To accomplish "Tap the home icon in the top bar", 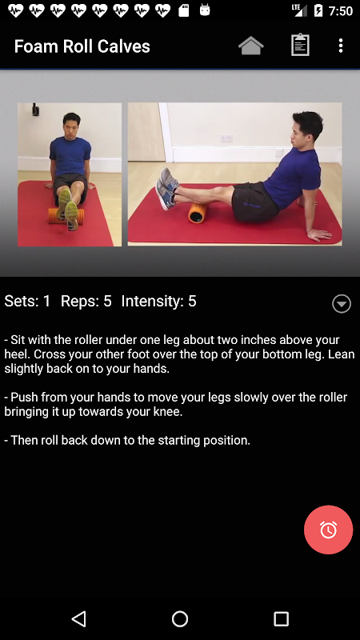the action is point(250,46).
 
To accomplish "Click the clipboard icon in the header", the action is point(300,45).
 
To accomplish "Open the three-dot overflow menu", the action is point(341,46).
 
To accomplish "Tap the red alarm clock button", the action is point(328,530).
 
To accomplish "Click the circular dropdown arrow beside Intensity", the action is point(342,304).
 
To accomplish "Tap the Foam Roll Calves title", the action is point(82,46).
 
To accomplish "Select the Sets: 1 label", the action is point(27,302).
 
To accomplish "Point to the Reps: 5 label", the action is point(86,302).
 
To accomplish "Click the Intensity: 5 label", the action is point(158,302).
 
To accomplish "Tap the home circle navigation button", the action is point(179,618).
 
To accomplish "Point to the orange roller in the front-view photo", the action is point(66,215).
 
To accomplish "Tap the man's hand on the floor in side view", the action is point(318,234).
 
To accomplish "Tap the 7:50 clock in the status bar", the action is point(341,11).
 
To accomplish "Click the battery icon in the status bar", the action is point(318,10).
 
